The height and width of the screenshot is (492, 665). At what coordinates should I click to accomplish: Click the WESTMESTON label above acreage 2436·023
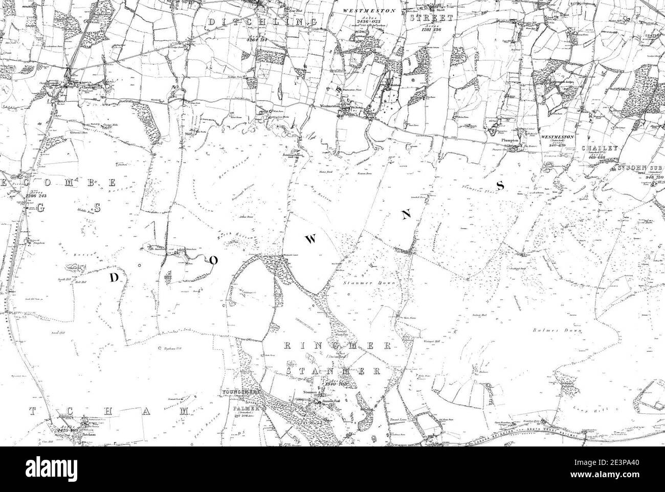click(x=364, y=10)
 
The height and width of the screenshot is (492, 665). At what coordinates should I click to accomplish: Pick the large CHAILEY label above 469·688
click(x=600, y=148)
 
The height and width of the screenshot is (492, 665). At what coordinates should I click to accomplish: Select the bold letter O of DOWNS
click(x=213, y=260)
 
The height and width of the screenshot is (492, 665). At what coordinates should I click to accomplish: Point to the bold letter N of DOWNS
click(x=406, y=215)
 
